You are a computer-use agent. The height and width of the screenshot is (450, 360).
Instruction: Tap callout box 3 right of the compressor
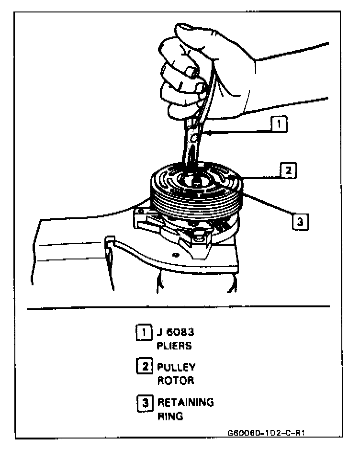(299, 222)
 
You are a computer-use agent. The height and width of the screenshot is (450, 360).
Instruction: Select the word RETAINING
(185, 402)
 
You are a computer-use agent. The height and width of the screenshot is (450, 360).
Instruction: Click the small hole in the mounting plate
(177, 254)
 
